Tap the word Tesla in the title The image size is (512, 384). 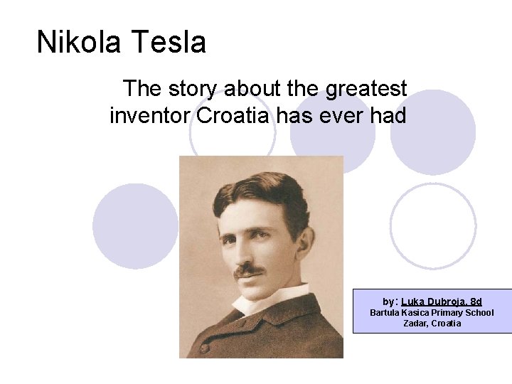point(167,42)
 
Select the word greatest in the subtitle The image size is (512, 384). point(366,89)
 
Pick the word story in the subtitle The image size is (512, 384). point(193,89)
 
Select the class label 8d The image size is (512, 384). point(476,302)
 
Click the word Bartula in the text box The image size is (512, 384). point(387,313)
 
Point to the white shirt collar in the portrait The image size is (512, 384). point(267,299)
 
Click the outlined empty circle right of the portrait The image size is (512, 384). point(433,225)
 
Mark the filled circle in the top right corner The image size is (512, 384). point(433,132)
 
